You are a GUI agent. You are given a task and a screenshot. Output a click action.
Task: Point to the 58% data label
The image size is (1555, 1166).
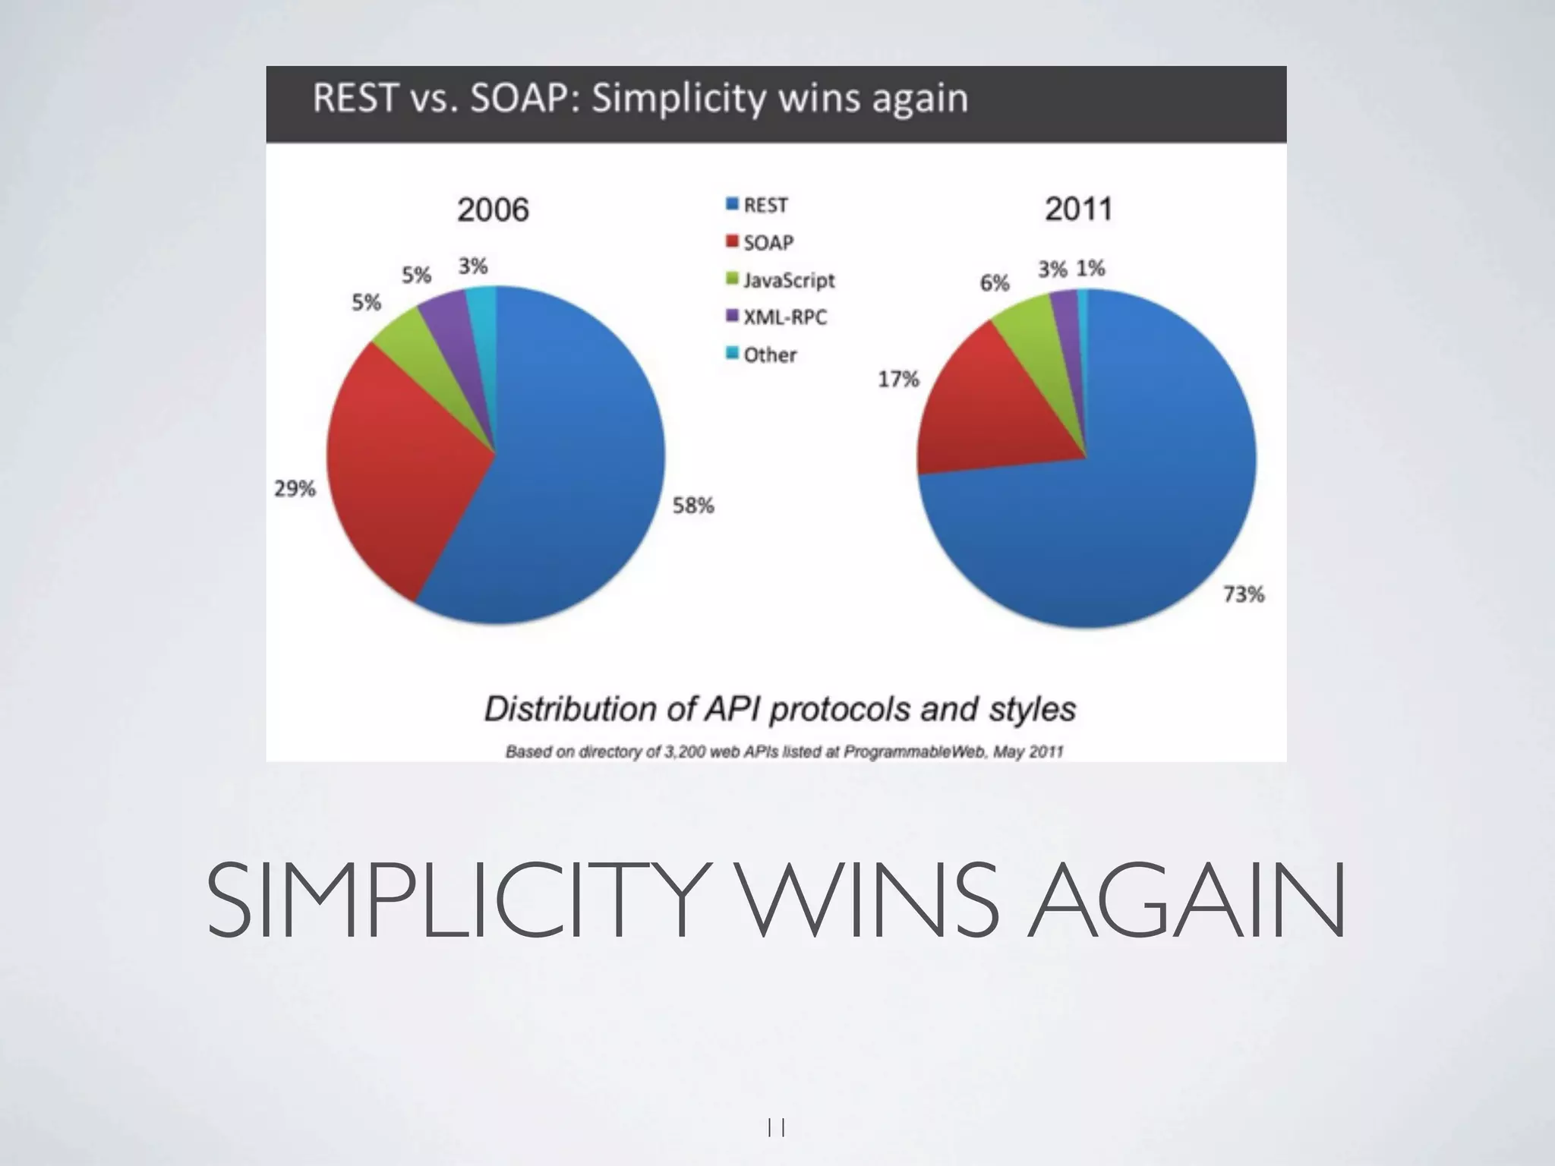pos(693,506)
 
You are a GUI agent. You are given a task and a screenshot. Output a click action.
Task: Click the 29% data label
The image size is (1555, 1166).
pos(295,488)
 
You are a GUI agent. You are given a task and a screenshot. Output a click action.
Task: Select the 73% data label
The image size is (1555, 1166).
pos(1244,594)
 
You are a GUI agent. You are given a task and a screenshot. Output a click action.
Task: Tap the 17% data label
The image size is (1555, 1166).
pos(898,379)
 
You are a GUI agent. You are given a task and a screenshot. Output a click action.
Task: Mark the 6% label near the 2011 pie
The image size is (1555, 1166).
pos(994,283)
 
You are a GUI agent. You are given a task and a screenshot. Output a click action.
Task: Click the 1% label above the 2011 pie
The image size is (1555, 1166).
pos(1090,268)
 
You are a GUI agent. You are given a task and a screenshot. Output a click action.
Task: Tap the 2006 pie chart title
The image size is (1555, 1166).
pos(493,210)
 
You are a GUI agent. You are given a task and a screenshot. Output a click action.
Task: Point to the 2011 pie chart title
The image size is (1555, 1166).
pos(1078,209)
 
